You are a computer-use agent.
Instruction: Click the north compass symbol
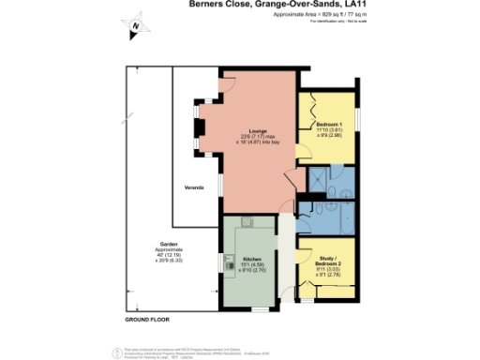137,27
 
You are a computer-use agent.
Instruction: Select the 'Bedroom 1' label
327,125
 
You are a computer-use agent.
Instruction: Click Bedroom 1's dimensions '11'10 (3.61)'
327,131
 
